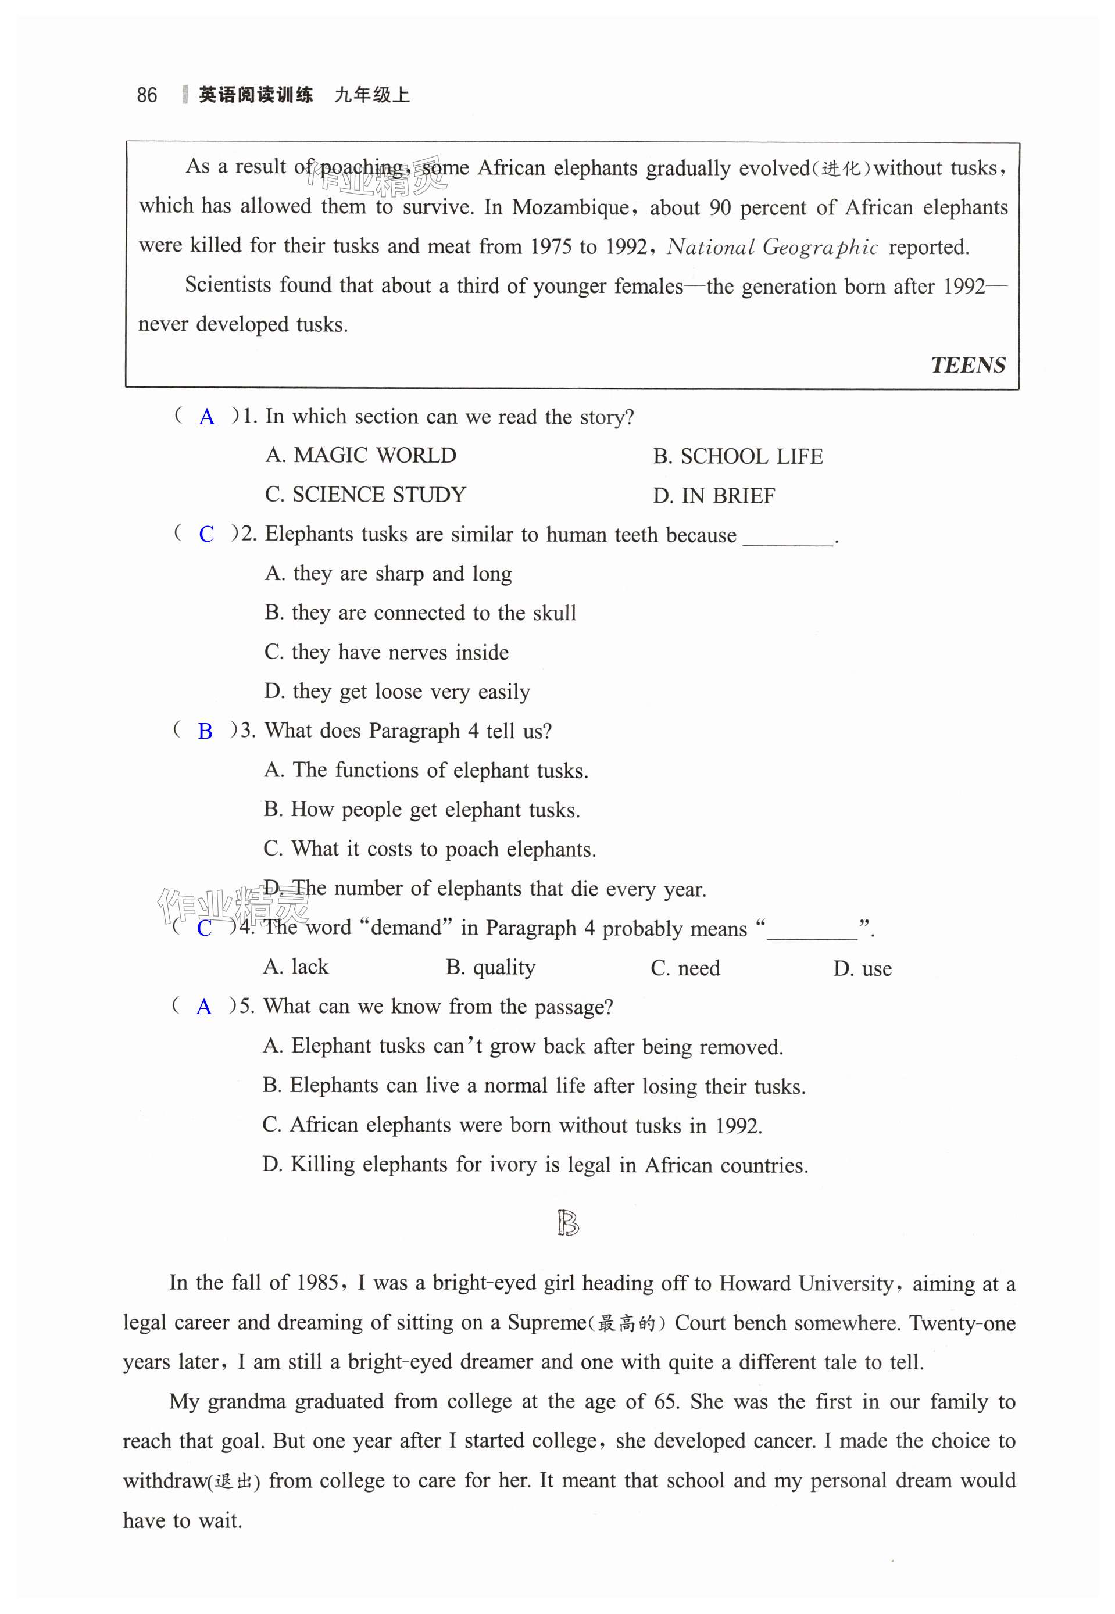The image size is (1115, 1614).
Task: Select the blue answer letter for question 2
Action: click(x=206, y=534)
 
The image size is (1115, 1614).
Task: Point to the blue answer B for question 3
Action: click(x=205, y=731)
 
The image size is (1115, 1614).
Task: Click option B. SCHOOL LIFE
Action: click(x=737, y=457)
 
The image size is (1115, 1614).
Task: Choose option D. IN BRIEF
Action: click(x=713, y=496)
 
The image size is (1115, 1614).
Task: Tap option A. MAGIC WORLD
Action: click(x=360, y=455)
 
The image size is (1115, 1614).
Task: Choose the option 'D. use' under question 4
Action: click(x=862, y=969)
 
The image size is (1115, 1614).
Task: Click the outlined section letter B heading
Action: click(x=568, y=1223)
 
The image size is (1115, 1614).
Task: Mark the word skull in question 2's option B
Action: click(x=554, y=613)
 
